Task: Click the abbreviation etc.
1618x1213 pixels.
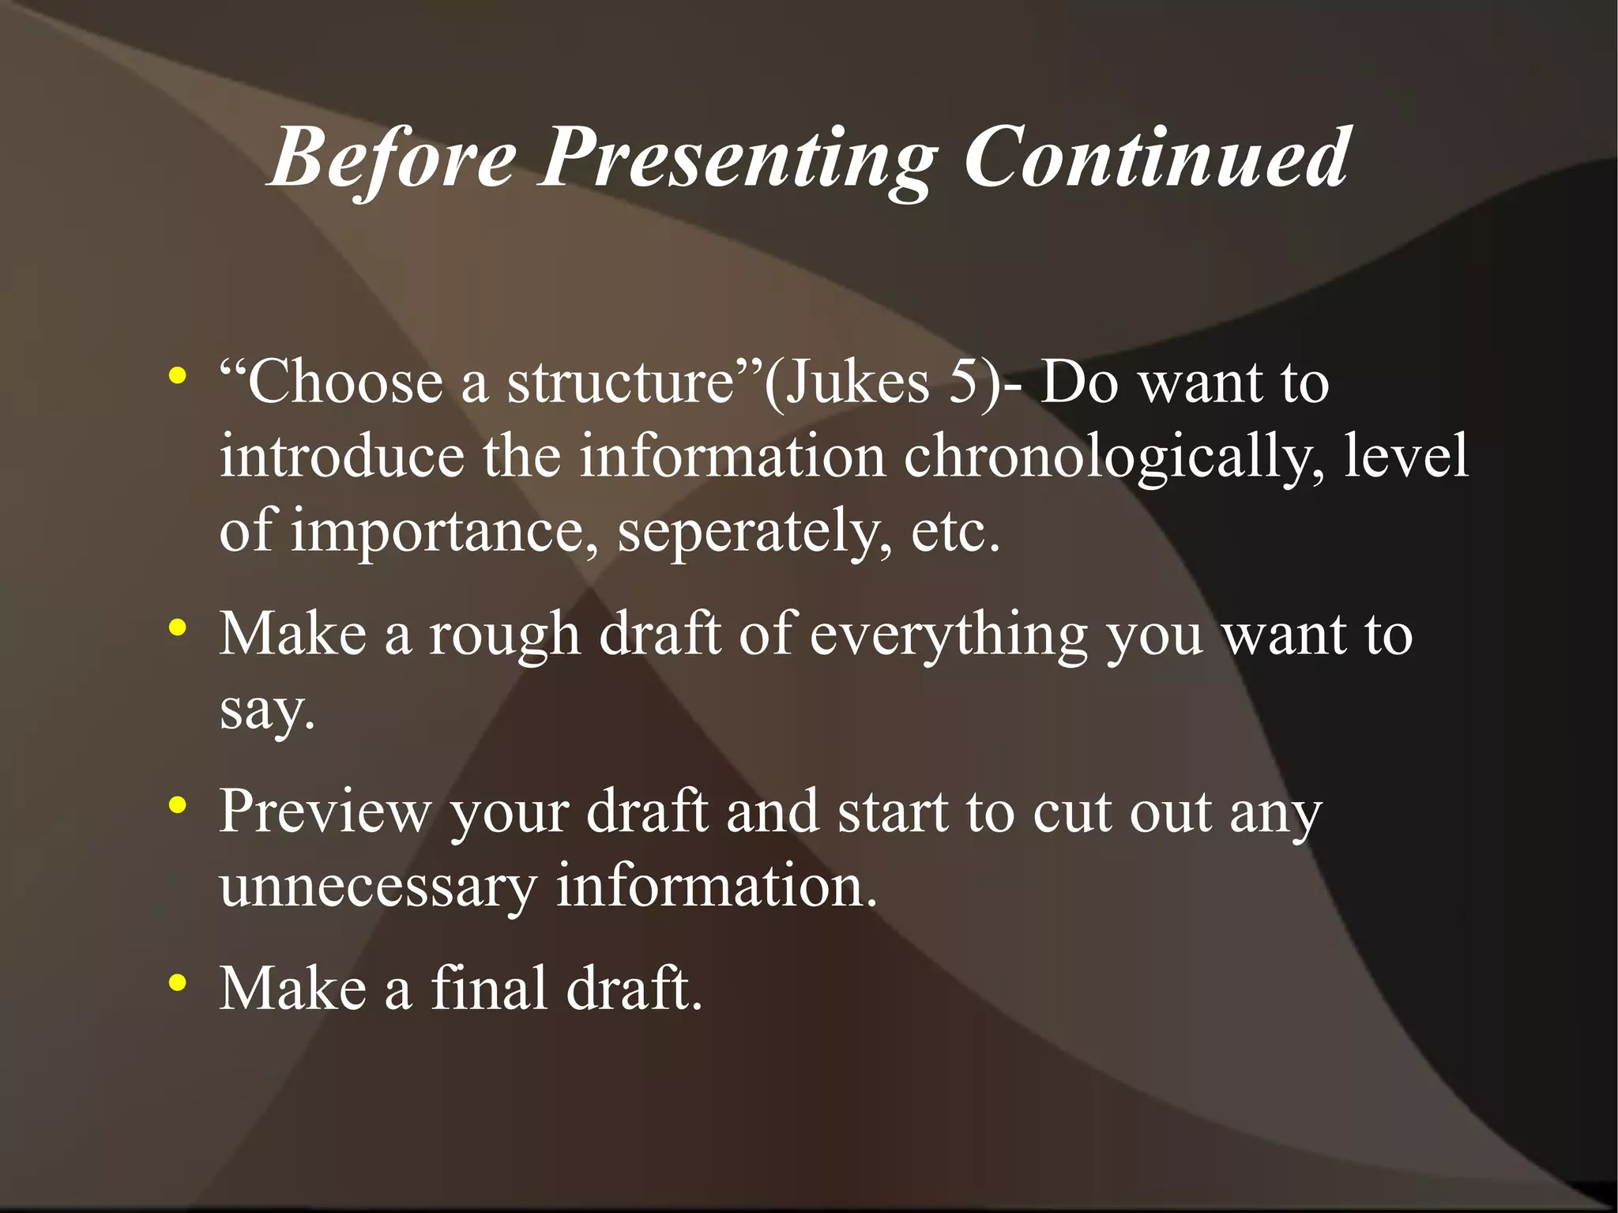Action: (x=955, y=531)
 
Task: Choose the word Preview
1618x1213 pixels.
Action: (x=325, y=812)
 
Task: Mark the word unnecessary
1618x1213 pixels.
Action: (x=378, y=887)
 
